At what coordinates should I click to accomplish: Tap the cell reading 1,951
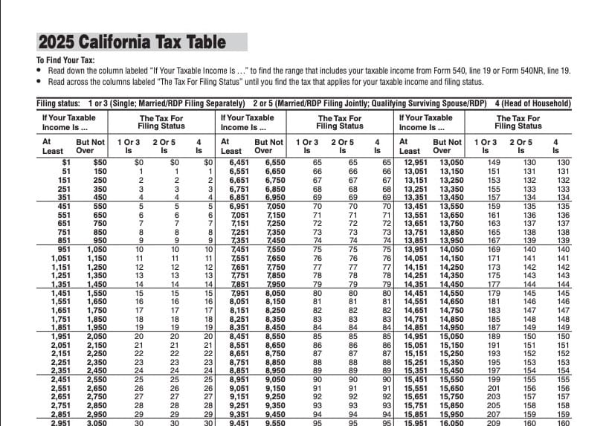(54, 335)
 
